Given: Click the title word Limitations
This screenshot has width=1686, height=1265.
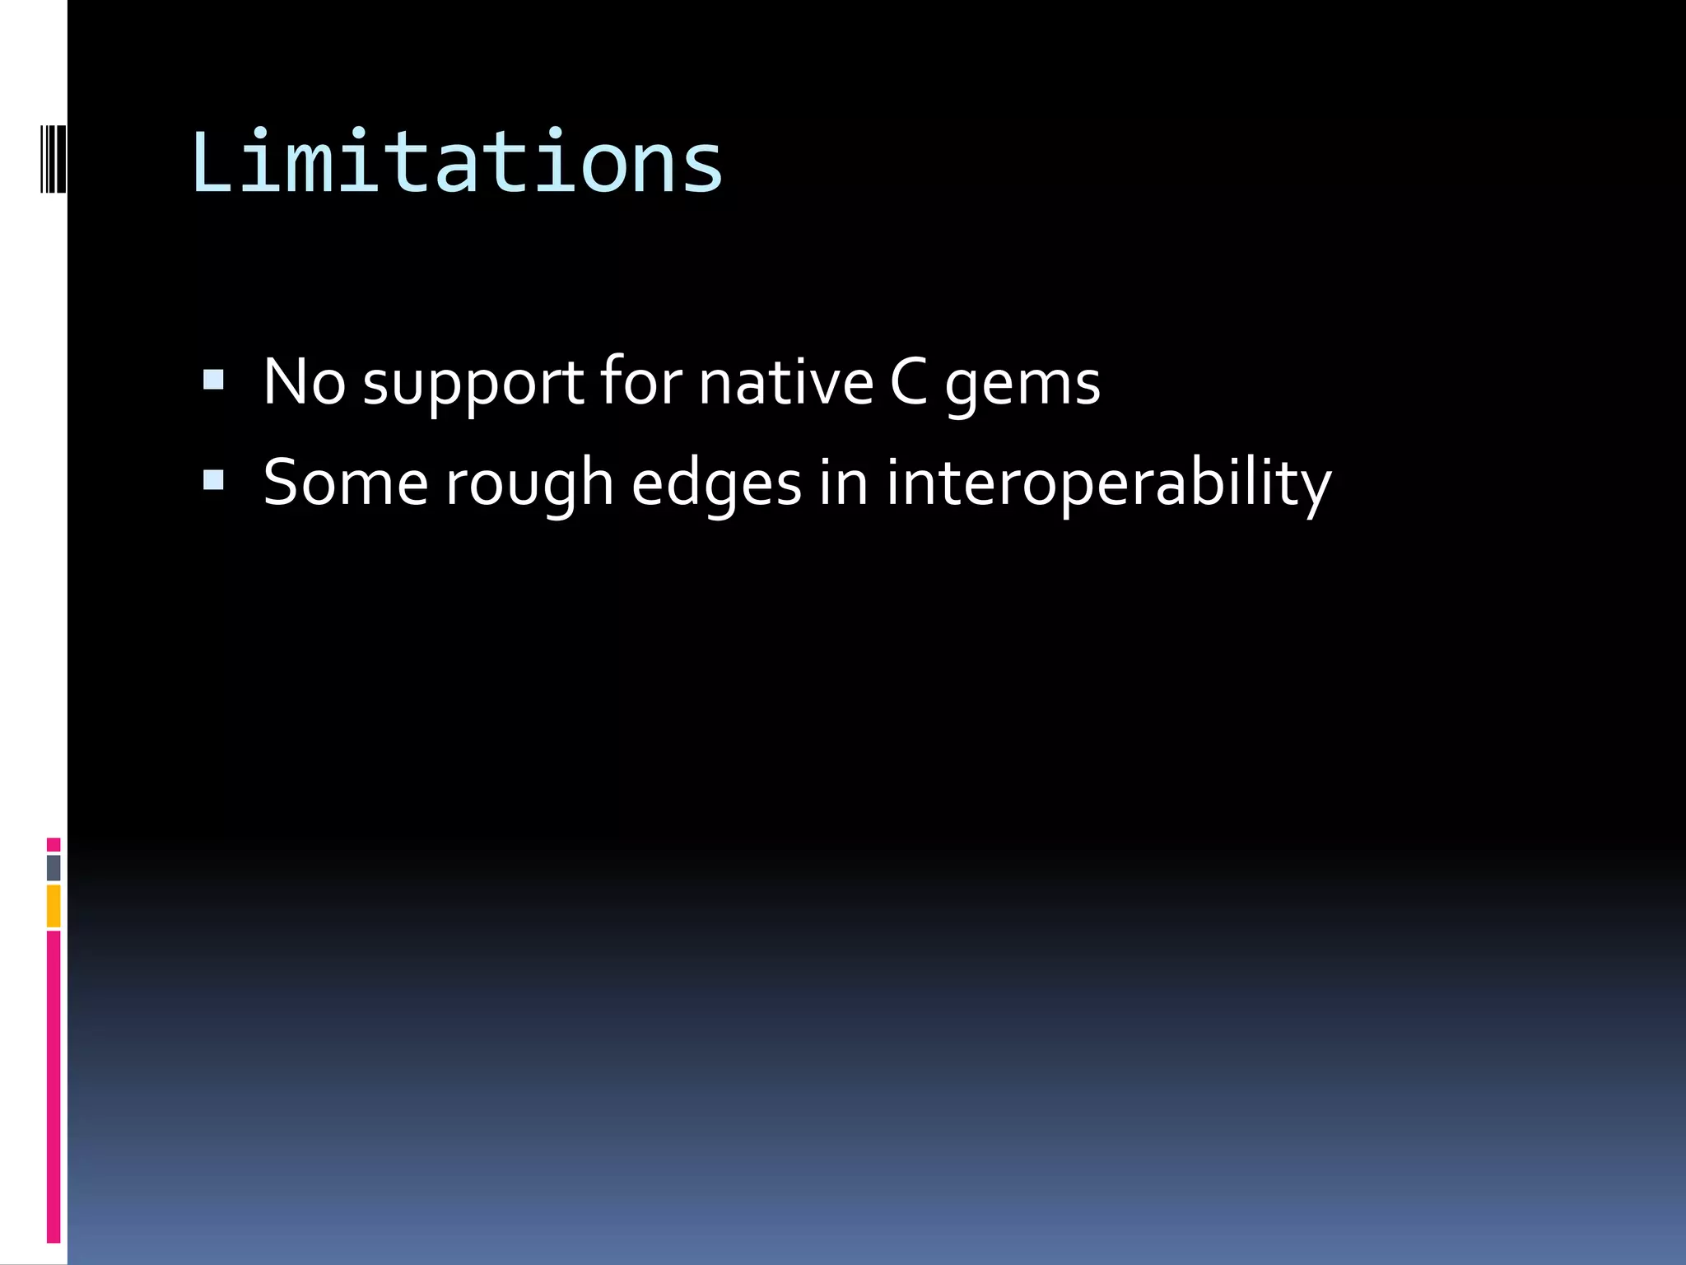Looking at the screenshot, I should [x=457, y=162].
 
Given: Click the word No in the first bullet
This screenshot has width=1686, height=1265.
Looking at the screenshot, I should [x=304, y=382].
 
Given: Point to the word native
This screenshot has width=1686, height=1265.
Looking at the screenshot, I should [x=785, y=382].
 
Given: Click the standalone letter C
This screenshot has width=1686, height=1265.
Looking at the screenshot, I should [x=909, y=382].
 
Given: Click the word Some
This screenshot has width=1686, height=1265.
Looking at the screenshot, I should [x=345, y=483].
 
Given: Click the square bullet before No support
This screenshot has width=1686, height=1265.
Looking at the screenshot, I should [x=213, y=380].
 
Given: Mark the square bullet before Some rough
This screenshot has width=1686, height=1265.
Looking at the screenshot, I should [x=213, y=480].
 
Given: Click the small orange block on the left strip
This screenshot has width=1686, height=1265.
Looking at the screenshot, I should [x=54, y=906].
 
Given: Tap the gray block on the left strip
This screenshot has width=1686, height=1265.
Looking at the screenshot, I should [x=54, y=867].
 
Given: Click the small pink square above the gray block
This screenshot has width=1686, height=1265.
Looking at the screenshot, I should [x=54, y=845].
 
